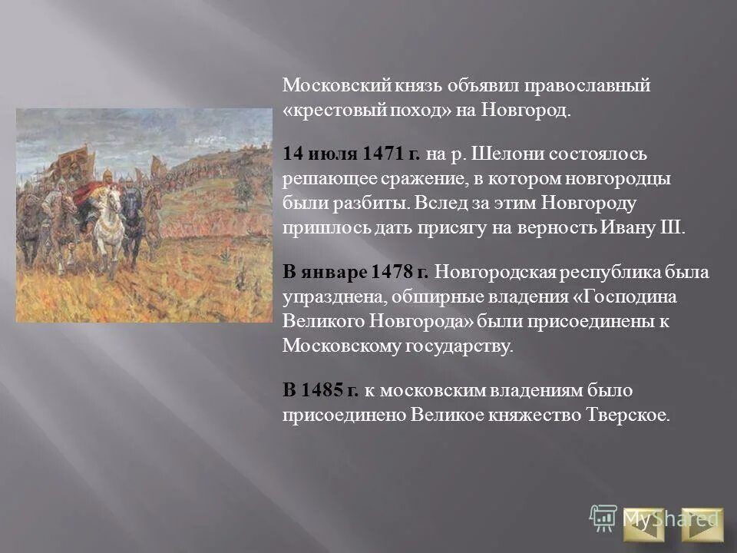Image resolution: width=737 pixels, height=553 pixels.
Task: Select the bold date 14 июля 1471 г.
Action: [351, 154]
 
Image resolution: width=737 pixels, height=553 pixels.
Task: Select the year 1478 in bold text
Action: [394, 273]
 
